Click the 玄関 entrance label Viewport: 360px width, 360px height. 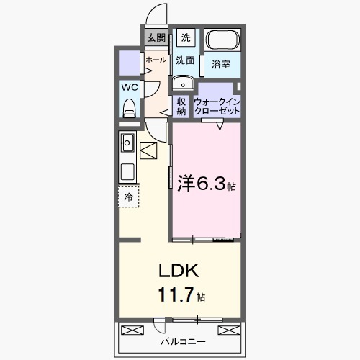[156, 37]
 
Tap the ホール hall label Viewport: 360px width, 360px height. [156, 61]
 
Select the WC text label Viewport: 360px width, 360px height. [130, 87]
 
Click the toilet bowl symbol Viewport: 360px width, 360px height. [130, 107]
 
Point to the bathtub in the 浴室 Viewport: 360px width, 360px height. [223, 41]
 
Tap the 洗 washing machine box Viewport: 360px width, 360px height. [186, 37]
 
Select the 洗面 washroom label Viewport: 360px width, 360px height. [186, 60]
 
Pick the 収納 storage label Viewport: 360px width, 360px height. [181, 106]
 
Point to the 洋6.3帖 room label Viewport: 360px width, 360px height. [206, 184]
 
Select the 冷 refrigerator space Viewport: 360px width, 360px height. [129, 196]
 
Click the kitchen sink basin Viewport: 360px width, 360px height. [127, 142]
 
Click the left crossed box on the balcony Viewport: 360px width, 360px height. [132, 330]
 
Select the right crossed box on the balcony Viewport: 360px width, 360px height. [228, 330]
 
